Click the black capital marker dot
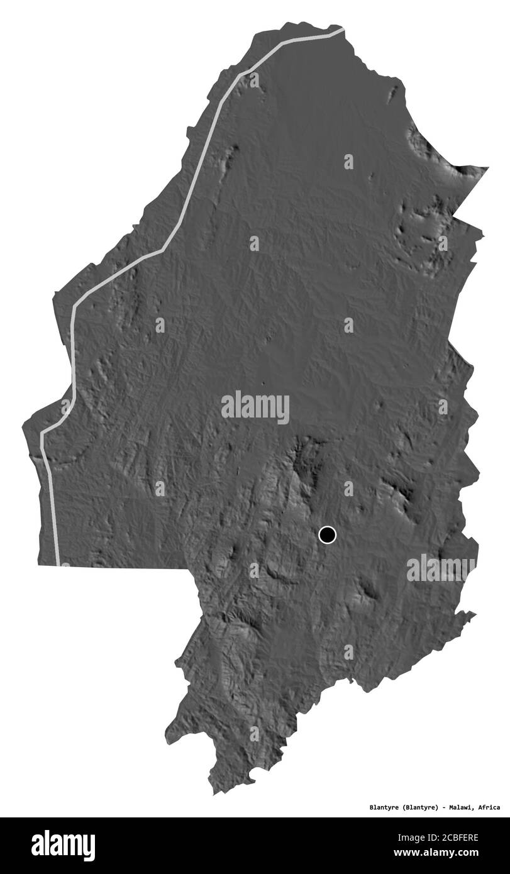coord(327,535)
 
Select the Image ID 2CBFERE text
coord(450,836)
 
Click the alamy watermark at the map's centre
coord(255,407)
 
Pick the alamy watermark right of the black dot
coord(440,568)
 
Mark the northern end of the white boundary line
coord(343,30)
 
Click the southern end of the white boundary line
coord(61,564)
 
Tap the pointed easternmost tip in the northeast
coord(487,168)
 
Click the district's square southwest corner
coord(39,565)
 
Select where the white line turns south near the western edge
coord(43,434)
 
